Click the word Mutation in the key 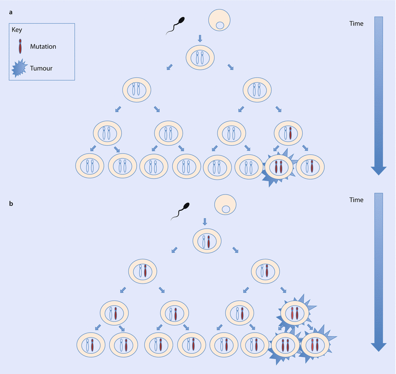click(x=43, y=47)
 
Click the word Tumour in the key click(x=41, y=68)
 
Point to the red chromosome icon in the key click(x=20, y=46)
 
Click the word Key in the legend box click(x=17, y=30)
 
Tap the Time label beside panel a click(x=357, y=23)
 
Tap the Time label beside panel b click(x=357, y=200)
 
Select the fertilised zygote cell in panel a click(x=200, y=57)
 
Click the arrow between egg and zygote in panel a click(x=201, y=38)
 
